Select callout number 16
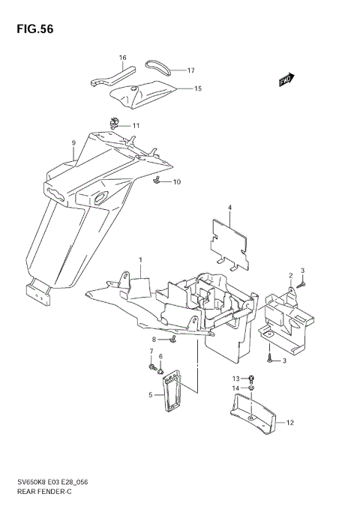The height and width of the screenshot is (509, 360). click(x=122, y=58)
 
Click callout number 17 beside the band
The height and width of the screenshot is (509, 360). click(x=190, y=70)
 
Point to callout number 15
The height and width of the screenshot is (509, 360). click(x=198, y=88)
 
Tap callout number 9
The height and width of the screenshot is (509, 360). click(x=73, y=142)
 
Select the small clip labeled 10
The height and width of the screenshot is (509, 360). click(x=159, y=180)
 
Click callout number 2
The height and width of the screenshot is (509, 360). click(x=290, y=276)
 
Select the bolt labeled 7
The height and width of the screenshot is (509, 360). click(x=153, y=368)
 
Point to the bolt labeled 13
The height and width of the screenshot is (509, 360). click(x=251, y=379)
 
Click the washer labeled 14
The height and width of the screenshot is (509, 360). click(x=251, y=390)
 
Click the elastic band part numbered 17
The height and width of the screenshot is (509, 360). click(x=159, y=67)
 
